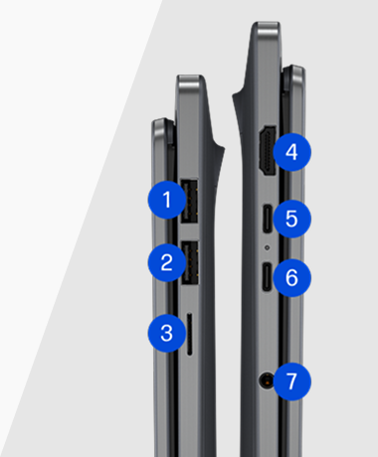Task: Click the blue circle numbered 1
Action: tap(167, 200)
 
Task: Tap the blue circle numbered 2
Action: tap(167, 262)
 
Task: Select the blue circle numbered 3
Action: tap(167, 333)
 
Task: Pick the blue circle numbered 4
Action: tap(291, 152)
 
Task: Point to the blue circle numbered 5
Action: tap(291, 219)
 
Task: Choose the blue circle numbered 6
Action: tap(291, 277)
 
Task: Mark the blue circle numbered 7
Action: tap(291, 381)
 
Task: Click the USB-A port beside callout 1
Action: tap(189, 201)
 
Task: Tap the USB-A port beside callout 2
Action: tap(190, 262)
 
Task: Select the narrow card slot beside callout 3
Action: tap(189, 334)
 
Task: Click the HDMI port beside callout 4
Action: tap(268, 150)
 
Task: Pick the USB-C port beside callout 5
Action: tap(268, 219)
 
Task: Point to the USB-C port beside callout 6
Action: tap(267, 276)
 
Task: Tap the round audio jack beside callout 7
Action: tap(267, 381)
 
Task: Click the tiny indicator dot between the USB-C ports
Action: tap(268, 247)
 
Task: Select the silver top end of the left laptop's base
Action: tap(190, 82)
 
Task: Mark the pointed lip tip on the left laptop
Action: tap(224, 149)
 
